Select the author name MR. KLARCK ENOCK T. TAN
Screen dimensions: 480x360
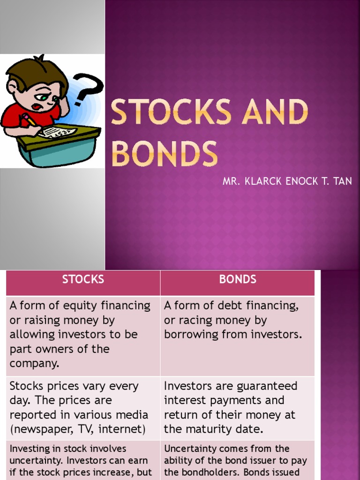pyautogui.click(x=287, y=181)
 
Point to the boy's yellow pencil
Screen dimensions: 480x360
pyautogui.click(x=29, y=119)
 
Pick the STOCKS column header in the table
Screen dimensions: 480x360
pyautogui.click(x=83, y=279)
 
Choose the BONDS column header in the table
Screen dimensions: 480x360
pyautogui.click(x=238, y=279)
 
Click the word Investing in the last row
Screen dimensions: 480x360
pyautogui.click(x=28, y=449)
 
